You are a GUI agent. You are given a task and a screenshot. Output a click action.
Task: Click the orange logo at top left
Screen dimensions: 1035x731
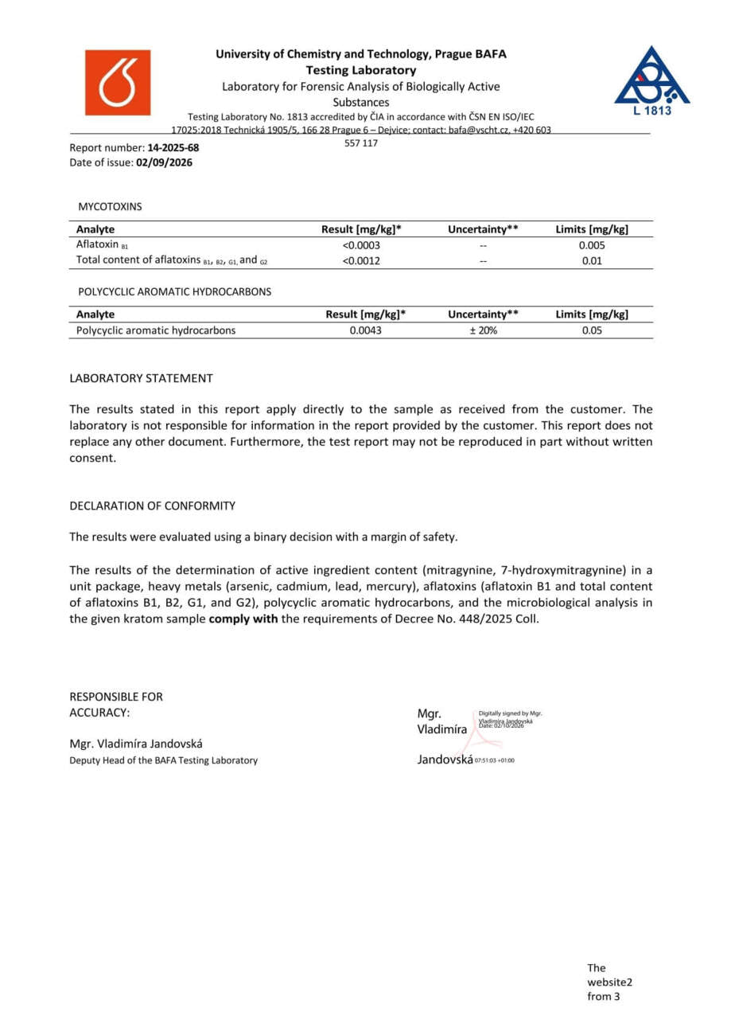coord(117,83)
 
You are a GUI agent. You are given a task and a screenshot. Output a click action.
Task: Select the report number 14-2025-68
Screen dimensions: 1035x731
coord(173,147)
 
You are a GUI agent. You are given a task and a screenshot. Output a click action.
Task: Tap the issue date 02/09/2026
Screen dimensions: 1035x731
coord(165,162)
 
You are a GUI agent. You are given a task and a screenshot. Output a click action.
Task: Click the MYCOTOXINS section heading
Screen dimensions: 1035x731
coord(110,206)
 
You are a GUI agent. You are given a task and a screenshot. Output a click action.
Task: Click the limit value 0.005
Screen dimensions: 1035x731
coord(592,245)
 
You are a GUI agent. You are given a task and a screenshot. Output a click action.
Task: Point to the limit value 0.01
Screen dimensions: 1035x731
coord(592,260)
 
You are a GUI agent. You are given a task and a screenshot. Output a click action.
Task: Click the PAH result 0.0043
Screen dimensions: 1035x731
coord(366,330)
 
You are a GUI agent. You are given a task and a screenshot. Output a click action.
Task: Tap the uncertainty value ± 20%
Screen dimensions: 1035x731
coord(483,330)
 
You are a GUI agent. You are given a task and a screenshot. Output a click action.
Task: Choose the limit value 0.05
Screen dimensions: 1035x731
coord(592,330)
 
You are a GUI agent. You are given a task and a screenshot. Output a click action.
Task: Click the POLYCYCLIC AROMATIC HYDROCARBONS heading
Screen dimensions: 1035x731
coord(174,291)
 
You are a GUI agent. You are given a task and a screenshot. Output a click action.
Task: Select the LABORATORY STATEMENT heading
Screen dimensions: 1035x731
coord(141,378)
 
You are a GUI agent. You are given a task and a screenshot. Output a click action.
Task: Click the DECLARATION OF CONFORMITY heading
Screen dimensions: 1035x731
coord(152,506)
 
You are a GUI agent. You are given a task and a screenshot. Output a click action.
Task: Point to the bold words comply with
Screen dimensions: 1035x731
coord(243,619)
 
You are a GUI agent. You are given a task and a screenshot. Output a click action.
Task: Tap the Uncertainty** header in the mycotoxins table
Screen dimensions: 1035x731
coord(483,229)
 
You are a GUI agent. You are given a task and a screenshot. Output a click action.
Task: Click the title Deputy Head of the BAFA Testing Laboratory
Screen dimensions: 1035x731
coord(163,760)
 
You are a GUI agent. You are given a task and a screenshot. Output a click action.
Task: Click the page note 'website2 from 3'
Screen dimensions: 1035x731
coord(609,982)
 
